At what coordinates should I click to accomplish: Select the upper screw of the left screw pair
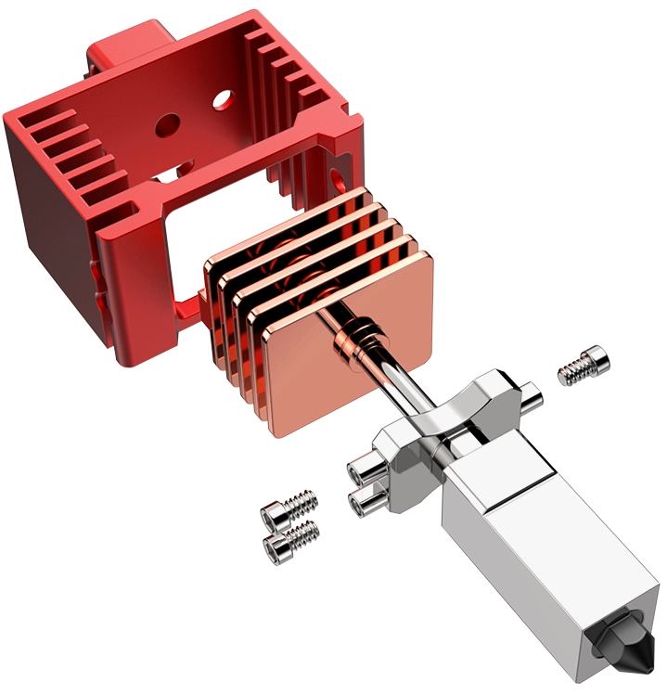tap(290, 507)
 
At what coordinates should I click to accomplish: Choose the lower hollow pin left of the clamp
tap(366, 503)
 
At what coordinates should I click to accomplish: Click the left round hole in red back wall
tap(168, 122)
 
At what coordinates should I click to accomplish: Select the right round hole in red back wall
tap(222, 97)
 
